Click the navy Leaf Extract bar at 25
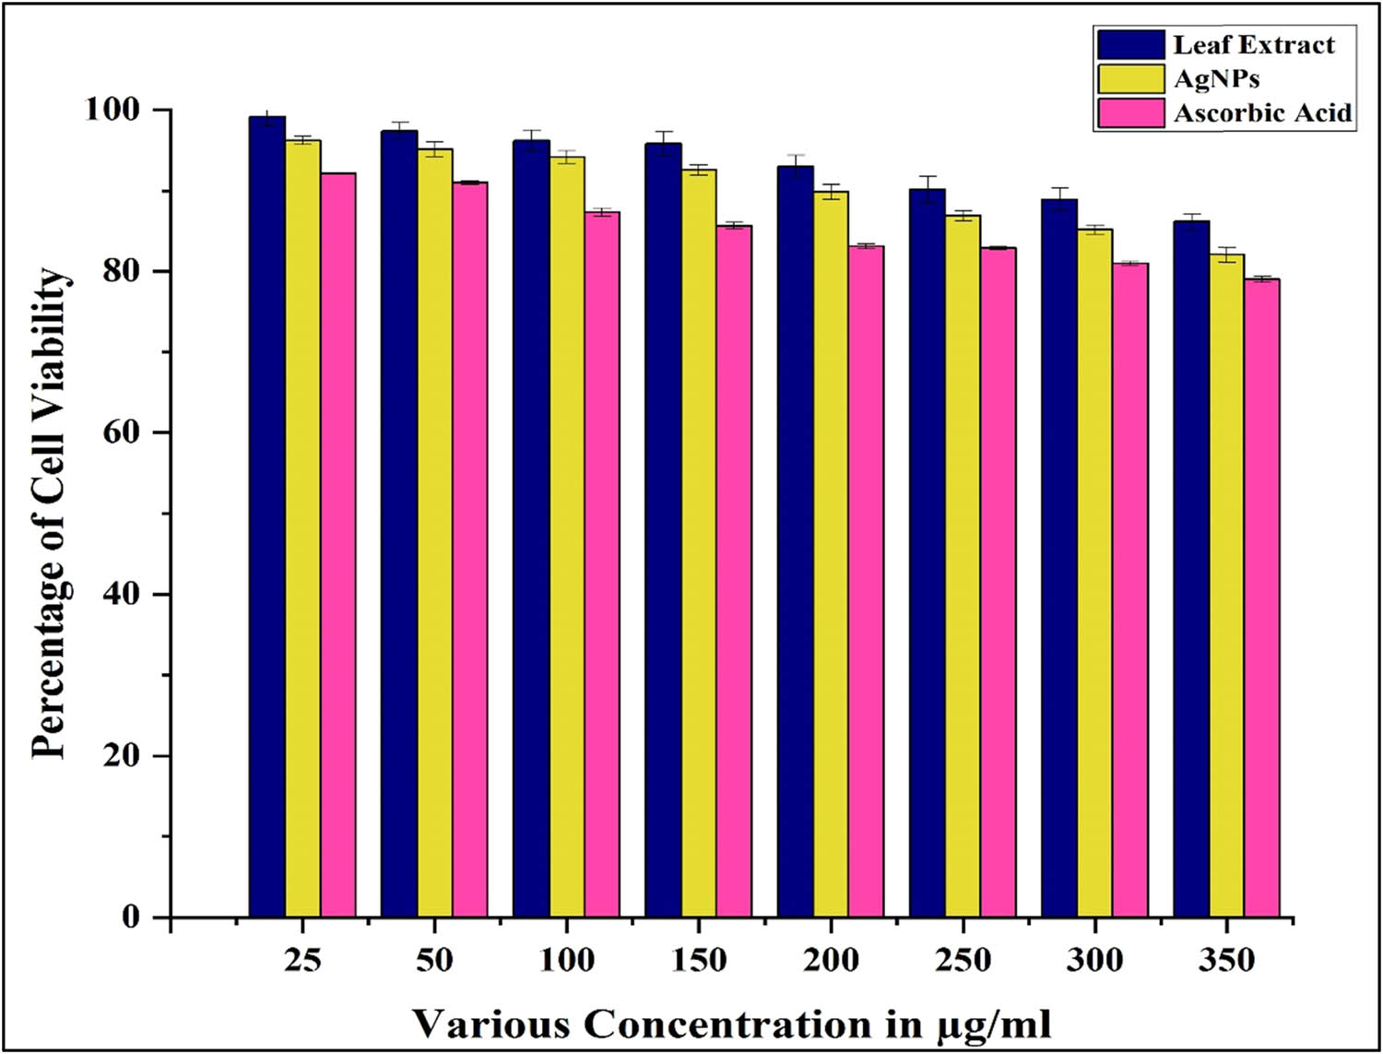coord(267,516)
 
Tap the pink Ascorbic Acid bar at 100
coord(601,563)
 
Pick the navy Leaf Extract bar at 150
coord(663,529)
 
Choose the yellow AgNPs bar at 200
coord(831,553)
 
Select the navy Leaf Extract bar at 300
coord(1059,558)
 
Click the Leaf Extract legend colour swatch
coord(1130,44)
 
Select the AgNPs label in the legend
coord(1216,78)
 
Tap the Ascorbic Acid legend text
coord(1262,113)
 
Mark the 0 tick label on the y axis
coord(131,918)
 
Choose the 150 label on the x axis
coord(698,961)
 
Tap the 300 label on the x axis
coord(1094,961)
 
